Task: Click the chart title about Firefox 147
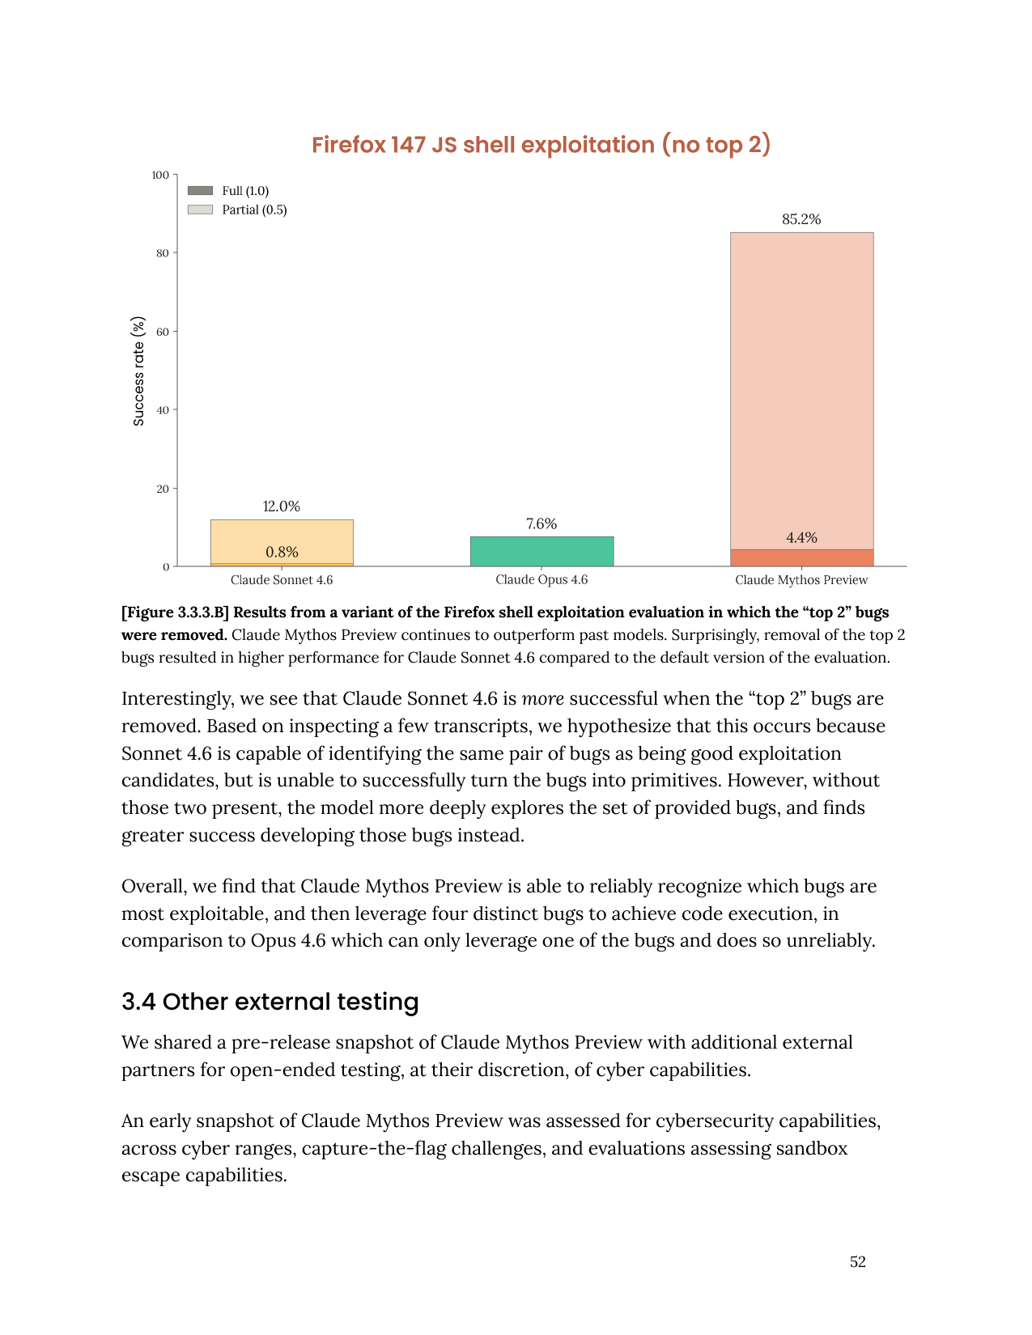[541, 145]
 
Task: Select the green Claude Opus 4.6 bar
[541, 551]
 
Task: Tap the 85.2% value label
[801, 219]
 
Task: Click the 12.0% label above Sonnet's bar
[281, 506]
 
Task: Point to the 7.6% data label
[541, 523]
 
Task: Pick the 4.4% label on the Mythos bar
[801, 537]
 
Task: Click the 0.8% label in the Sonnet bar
[282, 552]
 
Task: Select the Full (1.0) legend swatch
[200, 191]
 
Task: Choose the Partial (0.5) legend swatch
[200, 210]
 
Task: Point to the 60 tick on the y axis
[163, 332]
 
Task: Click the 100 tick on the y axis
[160, 175]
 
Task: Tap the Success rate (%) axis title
[138, 371]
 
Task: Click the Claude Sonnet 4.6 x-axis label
[281, 580]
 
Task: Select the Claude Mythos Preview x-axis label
[801, 580]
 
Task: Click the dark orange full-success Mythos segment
[801, 558]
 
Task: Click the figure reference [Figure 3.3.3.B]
[175, 612]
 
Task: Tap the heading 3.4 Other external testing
[270, 1002]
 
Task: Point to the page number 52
[857, 1261]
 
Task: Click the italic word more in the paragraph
[542, 699]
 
